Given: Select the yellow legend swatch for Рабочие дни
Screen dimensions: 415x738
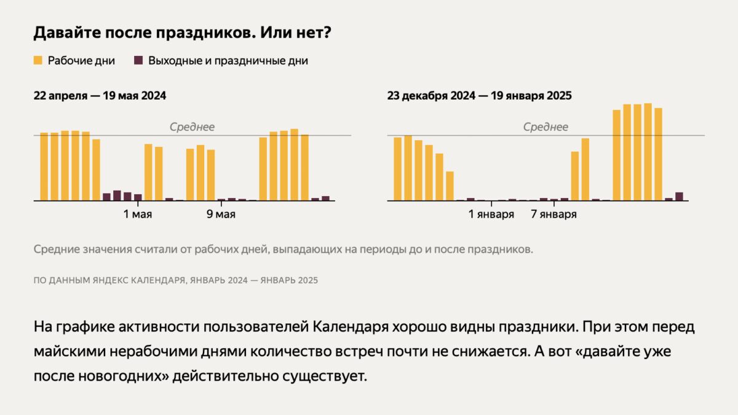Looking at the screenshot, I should [38, 61].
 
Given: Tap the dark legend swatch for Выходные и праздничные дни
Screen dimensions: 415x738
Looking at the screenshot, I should [138, 61].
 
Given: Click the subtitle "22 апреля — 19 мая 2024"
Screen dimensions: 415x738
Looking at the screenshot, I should [100, 96].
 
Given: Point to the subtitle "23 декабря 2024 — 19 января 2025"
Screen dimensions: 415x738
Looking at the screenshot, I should [479, 96].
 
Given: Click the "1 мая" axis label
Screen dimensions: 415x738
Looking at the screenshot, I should [138, 215].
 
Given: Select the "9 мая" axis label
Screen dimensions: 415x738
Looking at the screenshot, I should [221, 215].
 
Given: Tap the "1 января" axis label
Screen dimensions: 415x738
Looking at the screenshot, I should [491, 215].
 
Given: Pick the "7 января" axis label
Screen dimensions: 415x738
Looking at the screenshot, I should [553, 215].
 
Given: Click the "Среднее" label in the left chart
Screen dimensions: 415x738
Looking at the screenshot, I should [192, 127].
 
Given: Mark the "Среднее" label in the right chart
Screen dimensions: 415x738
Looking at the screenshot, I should [546, 127].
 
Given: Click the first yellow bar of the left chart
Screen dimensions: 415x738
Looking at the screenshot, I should [44, 166].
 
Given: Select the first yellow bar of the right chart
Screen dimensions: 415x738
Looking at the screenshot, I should [398, 168].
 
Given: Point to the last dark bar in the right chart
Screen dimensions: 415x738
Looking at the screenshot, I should [679, 197].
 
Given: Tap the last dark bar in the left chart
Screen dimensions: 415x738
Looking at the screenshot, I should [325, 199].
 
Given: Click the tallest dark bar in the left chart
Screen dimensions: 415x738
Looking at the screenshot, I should [117, 196].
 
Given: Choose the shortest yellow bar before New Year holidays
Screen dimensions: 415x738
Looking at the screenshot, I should [450, 186].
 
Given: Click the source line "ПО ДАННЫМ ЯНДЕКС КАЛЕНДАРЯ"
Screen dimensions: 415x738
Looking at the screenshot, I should [175, 280].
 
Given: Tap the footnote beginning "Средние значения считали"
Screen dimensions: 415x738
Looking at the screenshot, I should [283, 250].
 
